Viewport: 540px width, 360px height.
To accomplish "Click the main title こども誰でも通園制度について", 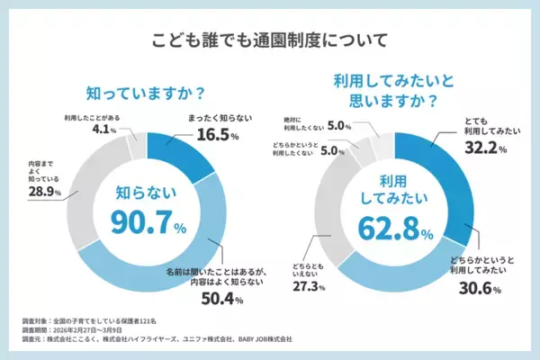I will click(x=269, y=40).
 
